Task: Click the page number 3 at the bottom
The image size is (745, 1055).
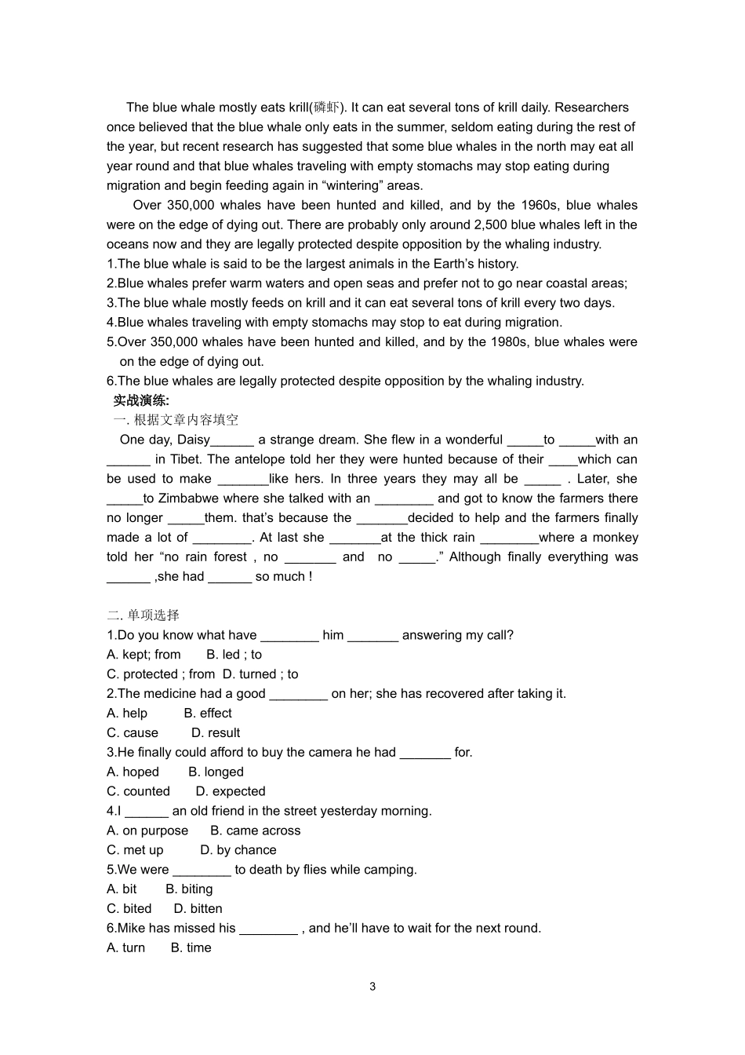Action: tap(372, 987)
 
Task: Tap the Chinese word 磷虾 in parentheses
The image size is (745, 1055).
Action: tap(325, 108)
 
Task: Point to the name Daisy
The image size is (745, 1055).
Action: tap(193, 440)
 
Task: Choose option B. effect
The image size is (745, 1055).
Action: tap(208, 713)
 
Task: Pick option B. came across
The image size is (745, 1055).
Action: tap(255, 830)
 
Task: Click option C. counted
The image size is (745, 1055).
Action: tap(138, 791)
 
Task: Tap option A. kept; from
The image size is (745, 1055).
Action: tap(144, 655)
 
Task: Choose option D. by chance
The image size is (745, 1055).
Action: tap(238, 850)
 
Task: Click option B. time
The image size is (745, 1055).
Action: tap(191, 947)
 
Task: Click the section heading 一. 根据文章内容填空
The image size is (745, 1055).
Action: tap(176, 420)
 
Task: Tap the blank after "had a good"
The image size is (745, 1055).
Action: tap(298, 694)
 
